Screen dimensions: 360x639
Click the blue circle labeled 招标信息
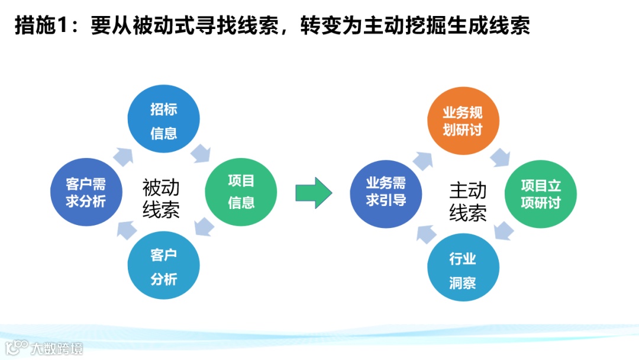point(164,121)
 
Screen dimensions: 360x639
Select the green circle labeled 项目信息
point(241,191)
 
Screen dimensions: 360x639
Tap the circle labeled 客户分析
point(164,266)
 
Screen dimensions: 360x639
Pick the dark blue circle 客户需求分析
point(86,192)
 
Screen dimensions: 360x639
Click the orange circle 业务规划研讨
point(463,121)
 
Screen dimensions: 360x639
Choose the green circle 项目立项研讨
point(540,194)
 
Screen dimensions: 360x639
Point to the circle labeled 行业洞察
point(463,269)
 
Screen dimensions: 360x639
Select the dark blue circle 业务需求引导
point(386,192)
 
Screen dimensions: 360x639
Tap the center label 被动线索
point(161,199)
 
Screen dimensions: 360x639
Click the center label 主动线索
point(468,201)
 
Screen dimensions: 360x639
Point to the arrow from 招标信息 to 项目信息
point(201,153)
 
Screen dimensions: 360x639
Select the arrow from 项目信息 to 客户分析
point(204,227)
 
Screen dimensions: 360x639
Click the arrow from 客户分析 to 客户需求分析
point(125,230)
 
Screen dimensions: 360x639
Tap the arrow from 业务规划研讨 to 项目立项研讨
point(500,156)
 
